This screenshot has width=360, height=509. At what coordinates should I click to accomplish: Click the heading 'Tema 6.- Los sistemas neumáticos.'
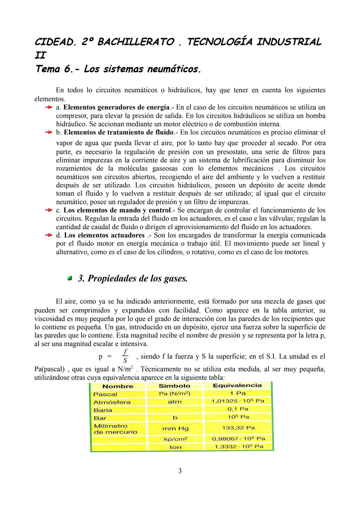pyautogui.click(x=118, y=69)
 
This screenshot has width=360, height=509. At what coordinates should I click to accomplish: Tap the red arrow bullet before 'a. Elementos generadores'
pyautogui.click(x=48, y=107)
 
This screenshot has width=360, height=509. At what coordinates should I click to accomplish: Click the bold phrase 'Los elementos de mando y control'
pyautogui.click(x=117, y=210)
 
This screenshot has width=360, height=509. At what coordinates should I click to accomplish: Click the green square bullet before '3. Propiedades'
pyautogui.click(x=70, y=278)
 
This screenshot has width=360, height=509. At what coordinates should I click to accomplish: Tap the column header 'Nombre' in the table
pyautogui.click(x=118, y=386)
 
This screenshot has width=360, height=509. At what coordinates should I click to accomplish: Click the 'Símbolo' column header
pyautogui.click(x=174, y=386)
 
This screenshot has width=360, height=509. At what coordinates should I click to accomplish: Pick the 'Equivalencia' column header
pyautogui.click(x=237, y=385)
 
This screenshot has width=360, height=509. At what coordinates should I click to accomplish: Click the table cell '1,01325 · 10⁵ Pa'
pyautogui.click(x=238, y=401)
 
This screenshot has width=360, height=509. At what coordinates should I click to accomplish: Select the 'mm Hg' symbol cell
pyautogui.click(x=175, y=429)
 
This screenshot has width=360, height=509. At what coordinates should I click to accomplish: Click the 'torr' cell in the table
pyautogui.click(x=176, y=447)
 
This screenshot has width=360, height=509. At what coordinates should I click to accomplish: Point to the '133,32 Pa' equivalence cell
pyautogui.click(x=238, y=428)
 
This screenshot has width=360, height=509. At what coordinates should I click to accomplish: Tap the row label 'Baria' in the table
pyautogui.click(x=103, y=410)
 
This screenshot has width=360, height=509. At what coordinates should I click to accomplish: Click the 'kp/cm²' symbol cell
pyautogui.click(x=176, y=439)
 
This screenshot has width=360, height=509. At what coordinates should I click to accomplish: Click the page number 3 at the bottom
pyautogui.click(x=180, y=471)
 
